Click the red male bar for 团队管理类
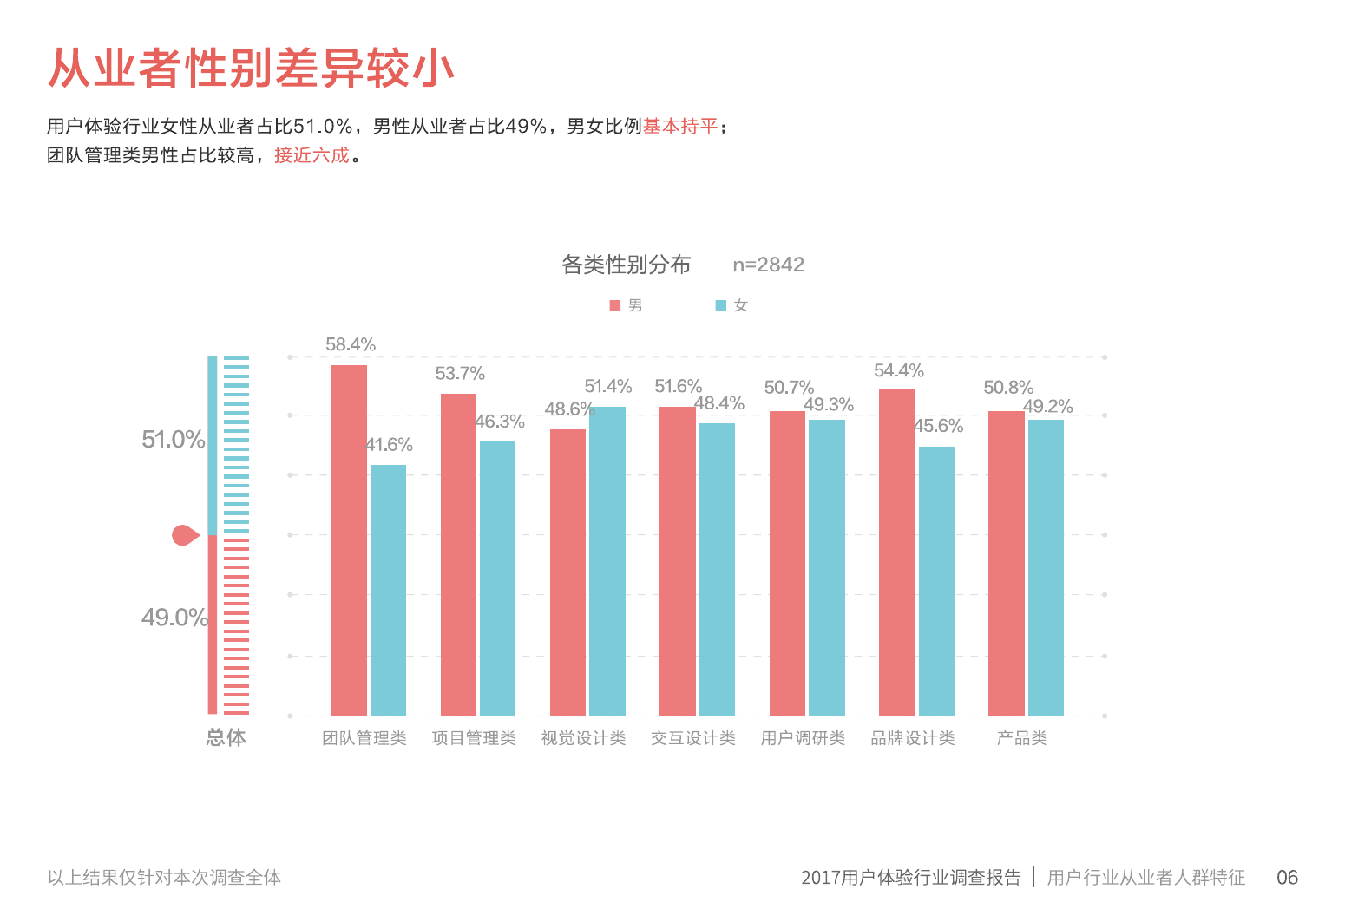(x=348, y=540)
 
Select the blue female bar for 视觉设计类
(x=607, y=561)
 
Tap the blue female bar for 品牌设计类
(x=936, y=581)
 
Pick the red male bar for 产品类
(x=1006, y=564)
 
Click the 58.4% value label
(x=351, y=344)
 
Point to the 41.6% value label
(x=389, y=445)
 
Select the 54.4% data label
(x=898, y=370)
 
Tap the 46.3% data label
(x=500, y=422)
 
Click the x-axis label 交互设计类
(x=692, y=738)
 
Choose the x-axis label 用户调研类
(x=803, y=738)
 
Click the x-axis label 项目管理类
(x=474, y=738)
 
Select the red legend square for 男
(x=615, y=305)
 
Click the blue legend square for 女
(x=720, y=305)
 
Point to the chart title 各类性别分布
(x=626, y=265)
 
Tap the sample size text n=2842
(x=768, y=265)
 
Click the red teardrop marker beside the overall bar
(x=184, y=535)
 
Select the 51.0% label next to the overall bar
(x=173, y=440)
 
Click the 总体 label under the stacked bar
(x=226, y=737)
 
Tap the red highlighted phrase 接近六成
(x=312, y=155)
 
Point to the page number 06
(x=1287, y=878)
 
